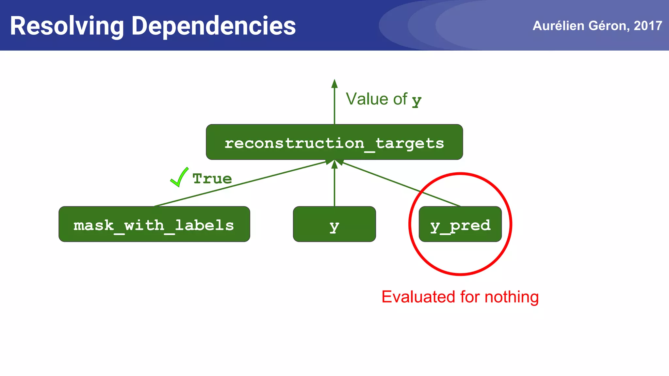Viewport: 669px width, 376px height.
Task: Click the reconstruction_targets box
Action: click(x=334, y=142)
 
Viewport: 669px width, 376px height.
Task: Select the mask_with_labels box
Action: click(x=154, y=224)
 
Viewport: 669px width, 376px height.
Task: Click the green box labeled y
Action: click(x=334, y=224)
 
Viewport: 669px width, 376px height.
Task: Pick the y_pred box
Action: click(x=460, y=224)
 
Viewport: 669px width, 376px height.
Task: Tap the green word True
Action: click(x=212, y=179)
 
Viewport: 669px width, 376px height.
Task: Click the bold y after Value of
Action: click(x=416, y=101)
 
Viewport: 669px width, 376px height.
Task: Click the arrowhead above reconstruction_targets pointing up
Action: click(x=334, y=84)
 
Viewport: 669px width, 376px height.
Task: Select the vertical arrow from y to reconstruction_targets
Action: click(x=334, y=186)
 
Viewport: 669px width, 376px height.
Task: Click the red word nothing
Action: click(x=511, y=297)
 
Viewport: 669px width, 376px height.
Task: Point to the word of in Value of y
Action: click(x=400, y=99)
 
